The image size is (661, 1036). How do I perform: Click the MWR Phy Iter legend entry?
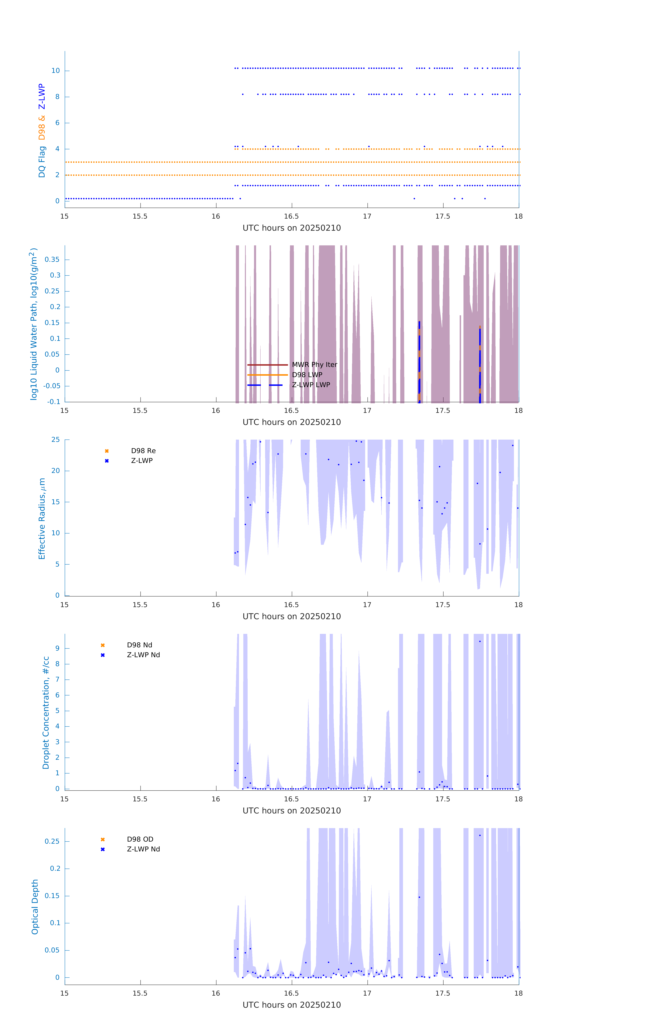pyautogui.click(x=314, y=365)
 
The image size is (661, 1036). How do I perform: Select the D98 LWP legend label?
pyautogui.click(x=307, y=375)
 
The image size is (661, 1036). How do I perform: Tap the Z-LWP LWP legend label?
pyautogui.click(x=311, y=385)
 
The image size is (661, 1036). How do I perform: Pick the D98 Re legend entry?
pyautogui.click(x=143, y=451)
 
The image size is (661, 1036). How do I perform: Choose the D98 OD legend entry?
pyautogui.click(x=140, y=839)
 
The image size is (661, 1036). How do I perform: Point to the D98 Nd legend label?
pyautogui.click(x=139, y=645)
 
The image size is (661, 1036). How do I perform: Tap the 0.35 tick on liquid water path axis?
pyautogui.click(x=52, y=259)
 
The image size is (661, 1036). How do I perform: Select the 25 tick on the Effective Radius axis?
pyautogui.click(x=55, y=440)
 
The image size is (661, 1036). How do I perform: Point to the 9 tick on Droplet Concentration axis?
pyautogui.click(x=57, y=648)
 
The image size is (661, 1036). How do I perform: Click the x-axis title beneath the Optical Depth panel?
pyautogui.click(x=292, y=1005)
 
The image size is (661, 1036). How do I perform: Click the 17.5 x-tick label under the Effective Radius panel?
pyautogui.click(x=443, y=605)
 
